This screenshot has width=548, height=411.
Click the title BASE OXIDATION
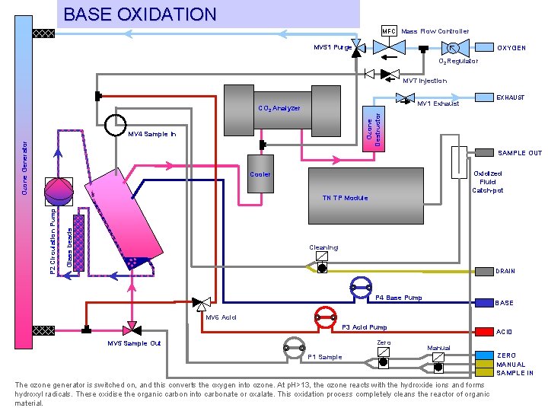tap(140, 14)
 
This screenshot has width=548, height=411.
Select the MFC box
tap(389, 30)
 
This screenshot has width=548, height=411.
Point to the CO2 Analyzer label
tap(279, 108)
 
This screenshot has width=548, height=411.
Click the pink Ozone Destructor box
tap(370, 123)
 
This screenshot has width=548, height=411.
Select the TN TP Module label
tap(345, 198)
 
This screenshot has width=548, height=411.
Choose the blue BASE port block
tap(484, 303)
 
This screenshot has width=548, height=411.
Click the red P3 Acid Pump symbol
tap(326, 317)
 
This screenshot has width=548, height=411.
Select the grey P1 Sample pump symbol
tap(294, 347)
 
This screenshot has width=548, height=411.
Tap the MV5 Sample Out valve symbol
tap(132, 329)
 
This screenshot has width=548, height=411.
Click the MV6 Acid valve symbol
tap(202, 303)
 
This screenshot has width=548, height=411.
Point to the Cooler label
tap(260, 174)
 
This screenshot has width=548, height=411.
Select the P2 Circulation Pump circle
tap(56, 190)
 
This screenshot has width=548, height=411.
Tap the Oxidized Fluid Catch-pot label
tap(487, 182)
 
